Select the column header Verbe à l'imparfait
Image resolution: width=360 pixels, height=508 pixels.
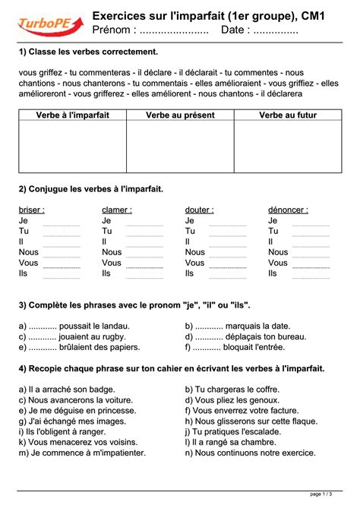coord(72,115)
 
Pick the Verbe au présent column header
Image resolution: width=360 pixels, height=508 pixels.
coord(180,115)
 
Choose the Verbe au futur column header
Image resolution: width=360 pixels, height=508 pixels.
coord(288,115)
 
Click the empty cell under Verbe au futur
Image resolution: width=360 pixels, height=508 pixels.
coord(288,147)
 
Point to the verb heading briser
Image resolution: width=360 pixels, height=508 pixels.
coord(31,210)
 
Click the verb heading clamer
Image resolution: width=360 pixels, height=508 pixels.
coord(116,210)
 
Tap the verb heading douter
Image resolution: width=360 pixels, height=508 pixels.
coord(199,210)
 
